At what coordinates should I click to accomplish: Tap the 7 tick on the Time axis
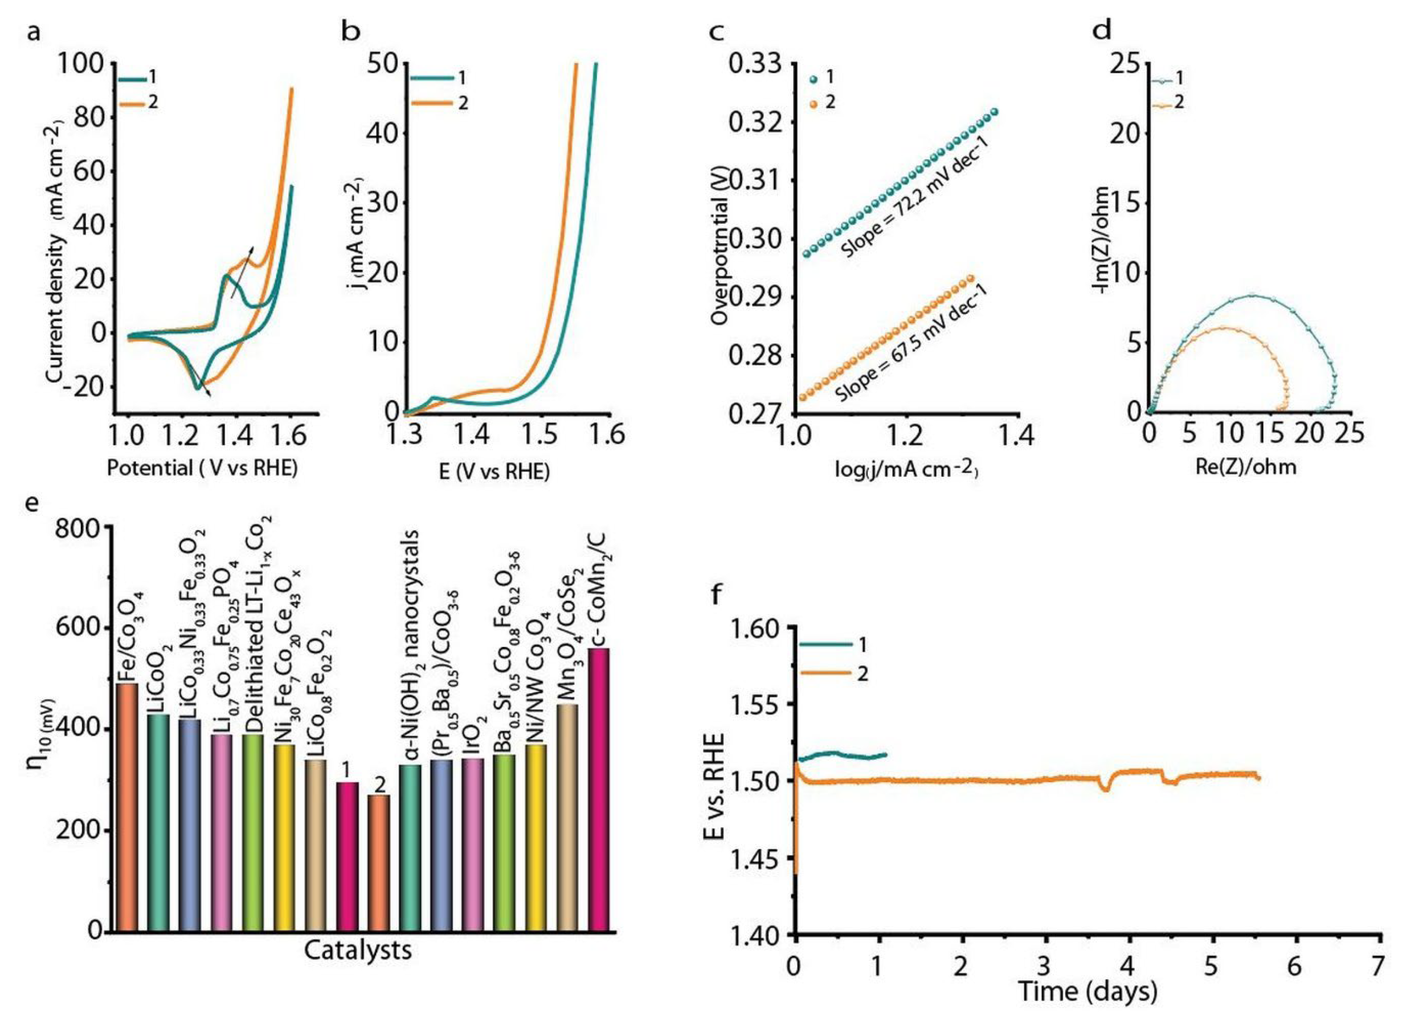tap(1378, 966)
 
